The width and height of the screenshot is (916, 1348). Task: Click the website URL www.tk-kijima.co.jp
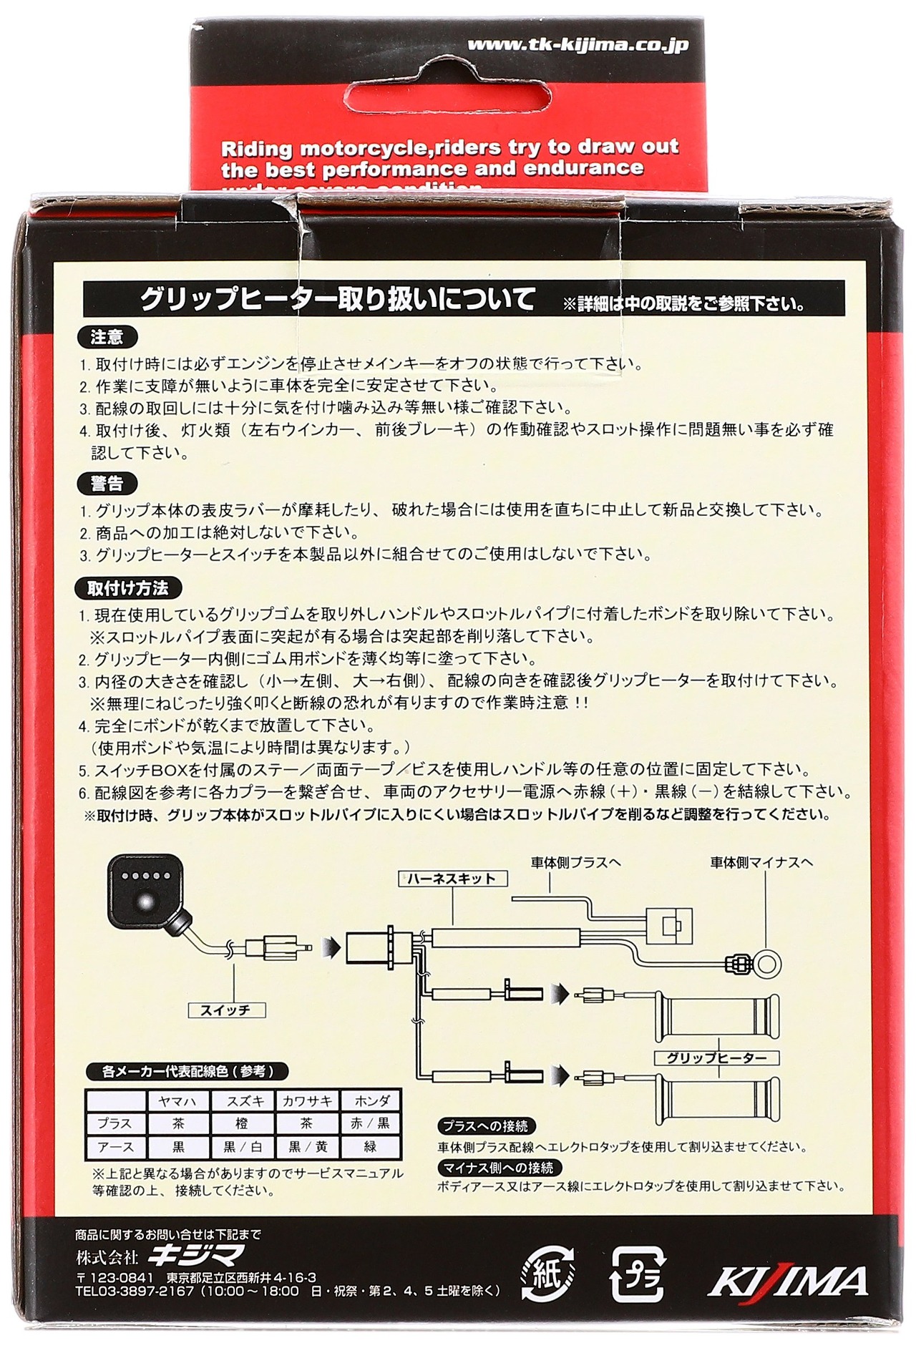coord(578,45)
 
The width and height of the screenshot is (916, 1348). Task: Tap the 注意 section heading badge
coord(107,337)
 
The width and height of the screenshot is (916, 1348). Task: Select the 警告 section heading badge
coord(107,484)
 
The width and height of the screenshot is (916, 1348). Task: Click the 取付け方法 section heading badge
coord(127,588)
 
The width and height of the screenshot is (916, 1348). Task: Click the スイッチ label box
coord(225,1010)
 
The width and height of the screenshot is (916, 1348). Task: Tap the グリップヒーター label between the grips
coord(716,1058)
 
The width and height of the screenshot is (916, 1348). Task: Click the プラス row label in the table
coord(115,1124)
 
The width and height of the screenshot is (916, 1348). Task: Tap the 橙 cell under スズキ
coord(242,1124)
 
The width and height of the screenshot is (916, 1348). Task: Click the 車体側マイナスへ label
coord(761,862)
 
